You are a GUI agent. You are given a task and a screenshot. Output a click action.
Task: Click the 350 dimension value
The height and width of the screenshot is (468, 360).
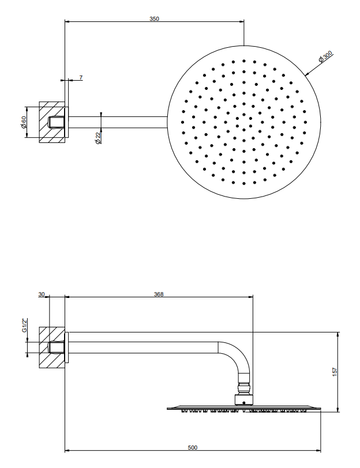154,19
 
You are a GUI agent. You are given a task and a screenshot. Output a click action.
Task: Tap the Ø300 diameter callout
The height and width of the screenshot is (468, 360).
325,56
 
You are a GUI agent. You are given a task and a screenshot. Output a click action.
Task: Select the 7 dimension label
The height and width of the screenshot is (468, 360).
81,78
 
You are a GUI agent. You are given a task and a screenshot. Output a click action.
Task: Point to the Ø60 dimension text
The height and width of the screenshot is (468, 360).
24,122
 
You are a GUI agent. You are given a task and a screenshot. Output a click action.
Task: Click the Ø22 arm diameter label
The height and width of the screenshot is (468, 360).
98,138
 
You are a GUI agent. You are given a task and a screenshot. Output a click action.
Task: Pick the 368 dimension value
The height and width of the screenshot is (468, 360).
159,295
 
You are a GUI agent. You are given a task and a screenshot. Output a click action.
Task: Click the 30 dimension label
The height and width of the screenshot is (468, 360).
42,295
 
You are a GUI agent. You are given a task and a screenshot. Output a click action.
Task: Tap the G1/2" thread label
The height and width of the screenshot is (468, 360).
24,325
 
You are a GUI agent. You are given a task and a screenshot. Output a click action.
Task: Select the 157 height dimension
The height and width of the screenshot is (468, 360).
335,372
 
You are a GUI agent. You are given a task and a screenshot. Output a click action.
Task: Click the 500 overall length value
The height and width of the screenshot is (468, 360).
193,447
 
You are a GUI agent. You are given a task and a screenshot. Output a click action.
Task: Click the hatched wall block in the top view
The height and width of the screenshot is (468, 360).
52,122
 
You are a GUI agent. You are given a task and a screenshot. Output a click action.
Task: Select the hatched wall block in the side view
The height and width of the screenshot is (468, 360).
52,348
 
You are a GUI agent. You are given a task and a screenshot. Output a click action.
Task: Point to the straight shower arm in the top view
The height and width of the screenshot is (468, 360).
118,122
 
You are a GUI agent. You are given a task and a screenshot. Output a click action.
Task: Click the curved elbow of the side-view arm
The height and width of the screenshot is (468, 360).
239,354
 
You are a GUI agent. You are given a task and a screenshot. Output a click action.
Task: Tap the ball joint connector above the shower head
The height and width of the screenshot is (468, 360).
244,388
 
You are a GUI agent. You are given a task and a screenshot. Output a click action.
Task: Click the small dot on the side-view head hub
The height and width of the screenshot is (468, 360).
244,403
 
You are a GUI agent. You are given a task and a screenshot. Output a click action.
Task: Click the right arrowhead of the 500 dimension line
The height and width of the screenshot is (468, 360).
318,450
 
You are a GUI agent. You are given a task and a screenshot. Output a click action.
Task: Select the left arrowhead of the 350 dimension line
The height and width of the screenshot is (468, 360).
67,22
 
